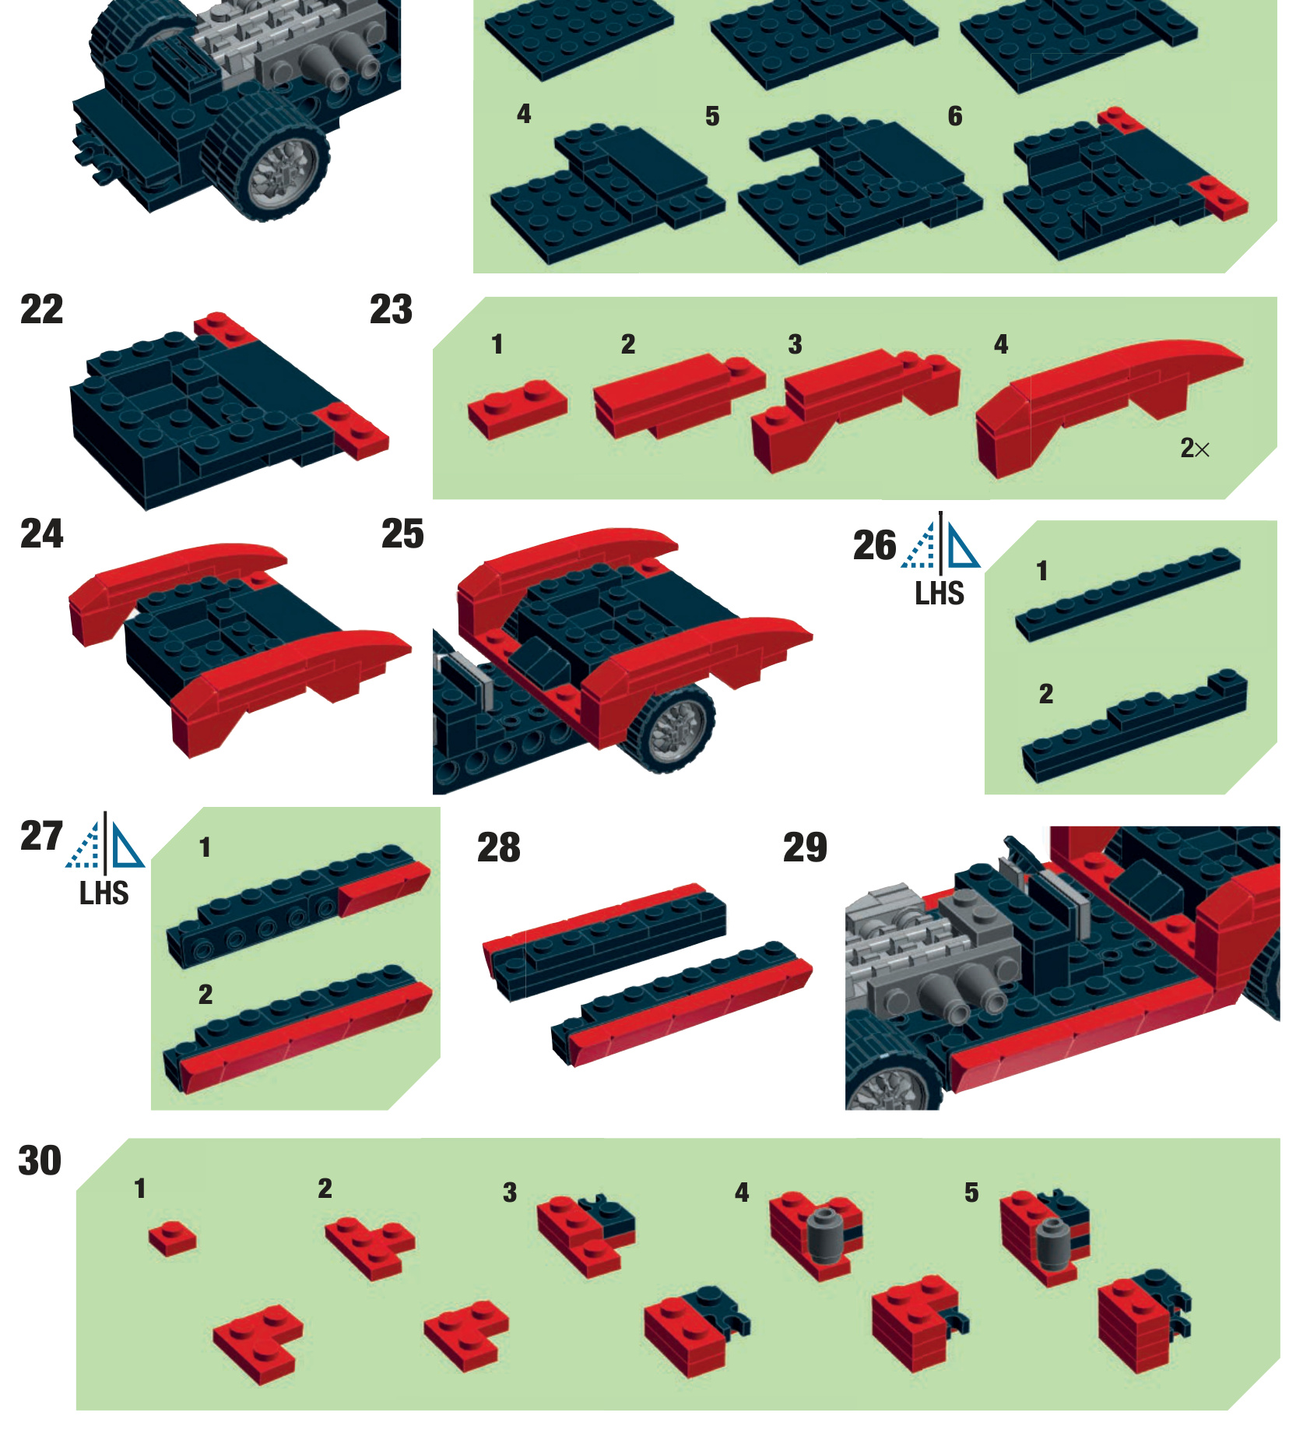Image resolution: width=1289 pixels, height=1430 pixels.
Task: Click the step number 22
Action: click(41, 309)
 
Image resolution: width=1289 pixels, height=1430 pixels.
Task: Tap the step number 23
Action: click(391, 309)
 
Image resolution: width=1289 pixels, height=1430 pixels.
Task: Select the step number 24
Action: click(41, 534)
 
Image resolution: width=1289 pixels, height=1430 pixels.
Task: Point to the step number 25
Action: click(402, 534)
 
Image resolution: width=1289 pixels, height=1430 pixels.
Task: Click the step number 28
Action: click(498, 847)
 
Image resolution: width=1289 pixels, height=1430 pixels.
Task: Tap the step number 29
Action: click(805, 847)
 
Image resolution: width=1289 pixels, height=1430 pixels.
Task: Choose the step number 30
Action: click(40, 1161)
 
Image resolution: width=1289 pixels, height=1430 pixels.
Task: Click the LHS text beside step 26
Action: click(940, 593)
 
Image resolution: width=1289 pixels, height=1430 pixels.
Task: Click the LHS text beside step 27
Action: click(104, 893)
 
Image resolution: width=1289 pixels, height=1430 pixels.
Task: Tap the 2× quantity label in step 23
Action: click(1195, 448)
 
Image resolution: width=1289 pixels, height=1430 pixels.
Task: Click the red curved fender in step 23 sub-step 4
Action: click(1105, 405)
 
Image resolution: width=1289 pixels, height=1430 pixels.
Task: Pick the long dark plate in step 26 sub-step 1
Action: click(1128, 594)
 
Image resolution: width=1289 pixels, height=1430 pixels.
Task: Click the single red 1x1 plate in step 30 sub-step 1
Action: click(173, 1238)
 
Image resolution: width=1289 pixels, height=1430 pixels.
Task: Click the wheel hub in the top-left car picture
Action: click(286, 172)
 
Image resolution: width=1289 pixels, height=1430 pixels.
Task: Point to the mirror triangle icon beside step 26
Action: click(940, 543)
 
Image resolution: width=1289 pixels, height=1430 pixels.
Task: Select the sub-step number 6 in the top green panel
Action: click(955, 117)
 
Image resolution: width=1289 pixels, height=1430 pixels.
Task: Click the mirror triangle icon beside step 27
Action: click(105, 842)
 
